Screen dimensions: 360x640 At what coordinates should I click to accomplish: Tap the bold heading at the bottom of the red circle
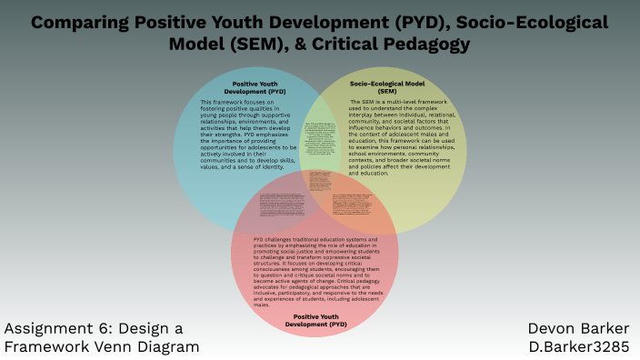[315, 320]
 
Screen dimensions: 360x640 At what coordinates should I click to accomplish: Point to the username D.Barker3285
[579, 346]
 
